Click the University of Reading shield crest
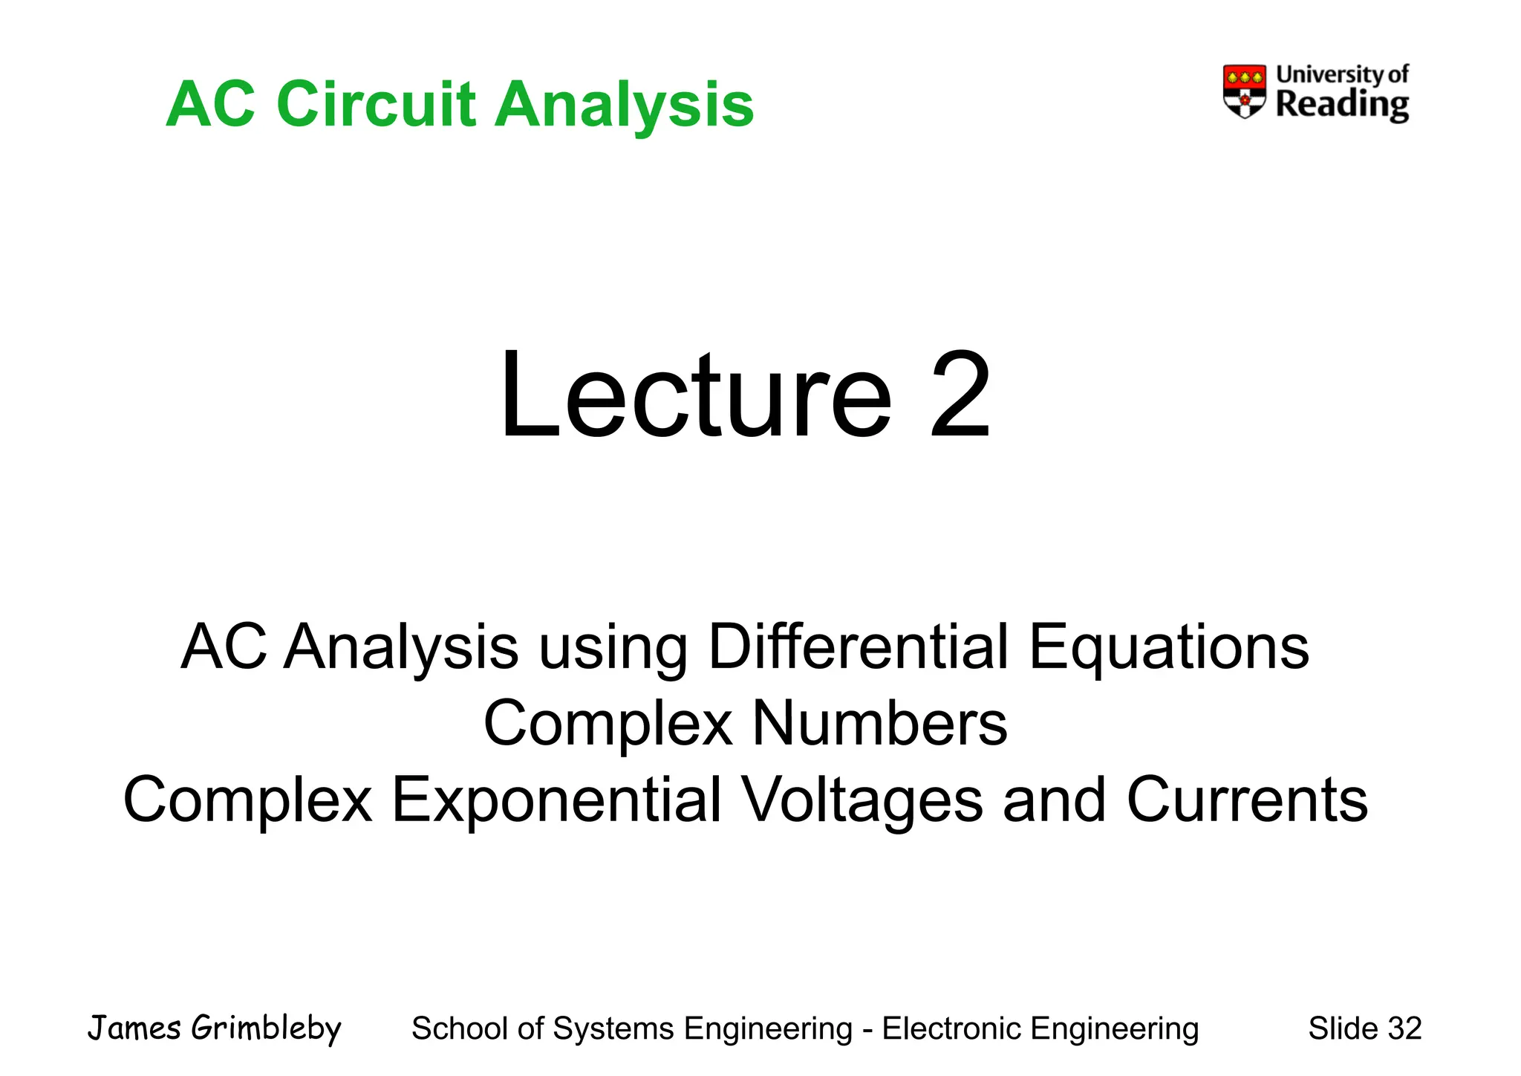[x=1244, y=91]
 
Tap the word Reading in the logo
[x=1341, y=105]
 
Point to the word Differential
[x=859, y=646]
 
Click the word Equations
[x=1168, y=646]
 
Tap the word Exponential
[x=556, y=800]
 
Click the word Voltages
[x=863, y=800]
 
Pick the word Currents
[x=1247, y=800]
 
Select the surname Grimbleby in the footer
[x=266, y=1028]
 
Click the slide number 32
[x=1404, y=1028]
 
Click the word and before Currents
[x=1054, y=800]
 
